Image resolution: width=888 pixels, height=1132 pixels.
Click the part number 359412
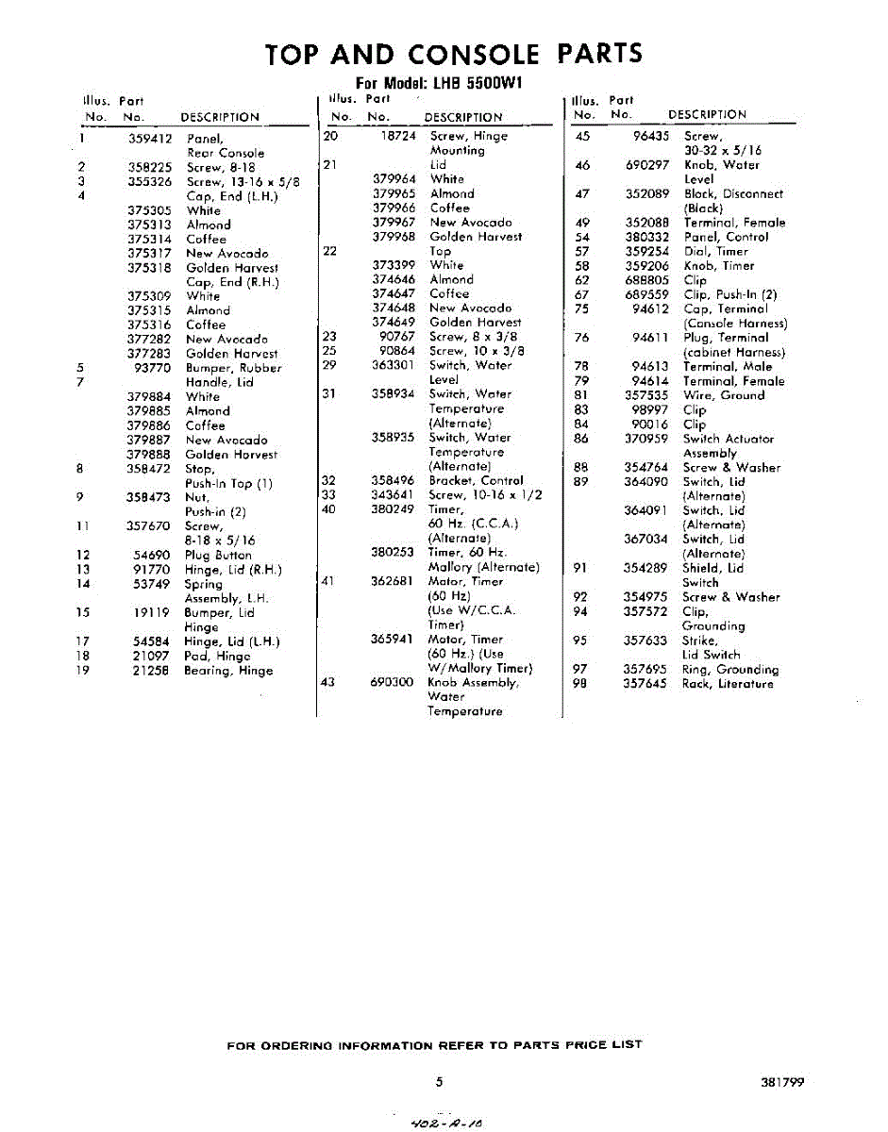pos(149,139)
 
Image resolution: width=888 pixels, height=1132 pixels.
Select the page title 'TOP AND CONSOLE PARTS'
pos(454,54)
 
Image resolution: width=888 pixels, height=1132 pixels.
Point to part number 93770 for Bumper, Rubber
pos(152,368)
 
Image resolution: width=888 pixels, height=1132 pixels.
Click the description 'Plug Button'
pos(218,556)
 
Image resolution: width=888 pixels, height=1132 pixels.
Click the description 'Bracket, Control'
pos(476,480)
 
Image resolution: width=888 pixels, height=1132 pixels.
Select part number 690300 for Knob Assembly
pos(393,682)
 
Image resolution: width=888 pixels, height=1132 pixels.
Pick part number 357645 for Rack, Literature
pos(645,684)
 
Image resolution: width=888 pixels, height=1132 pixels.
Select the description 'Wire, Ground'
pos(724,395)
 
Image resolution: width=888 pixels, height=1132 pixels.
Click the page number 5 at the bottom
pos(440,1082)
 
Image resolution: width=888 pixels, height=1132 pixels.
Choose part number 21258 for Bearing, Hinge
pos(152,671)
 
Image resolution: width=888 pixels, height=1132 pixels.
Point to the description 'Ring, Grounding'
pos(730,670)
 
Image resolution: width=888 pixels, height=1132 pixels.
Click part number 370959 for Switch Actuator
pos(645,439)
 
